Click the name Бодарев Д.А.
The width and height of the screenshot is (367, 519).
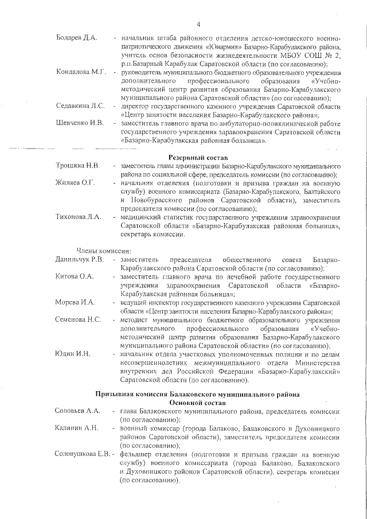[x=76, y=38]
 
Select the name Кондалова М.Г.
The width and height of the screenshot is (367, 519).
[x=81, y=72]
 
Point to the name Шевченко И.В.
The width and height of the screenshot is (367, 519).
[x=79, y=123]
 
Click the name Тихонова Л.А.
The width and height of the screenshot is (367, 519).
[x=78, y=217]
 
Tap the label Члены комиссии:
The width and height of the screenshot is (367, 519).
[x=104, y=251]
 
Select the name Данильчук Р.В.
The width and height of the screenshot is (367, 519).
[x=80, y=260]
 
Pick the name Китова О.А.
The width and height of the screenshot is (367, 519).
[x=74, y=276]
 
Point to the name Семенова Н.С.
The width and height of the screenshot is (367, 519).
[x=78, y=319]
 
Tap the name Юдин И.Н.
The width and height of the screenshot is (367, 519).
[x=72, y=353]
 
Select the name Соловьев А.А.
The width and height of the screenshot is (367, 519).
[x=78, y=412]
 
